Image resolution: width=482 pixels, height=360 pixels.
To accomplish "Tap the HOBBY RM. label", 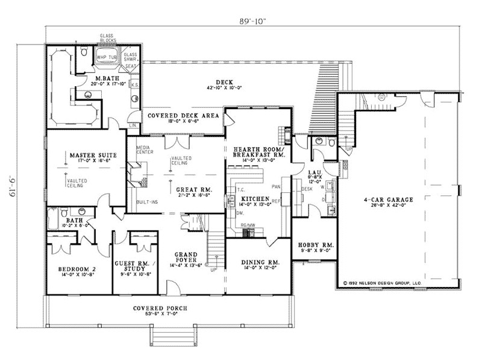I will pyautogui.click(x=312, y=245).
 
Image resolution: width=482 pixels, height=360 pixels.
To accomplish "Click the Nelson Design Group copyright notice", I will pyautogui.click(x=383, y=282).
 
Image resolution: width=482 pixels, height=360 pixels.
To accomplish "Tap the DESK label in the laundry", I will pyautogui.click(x=307, y=188).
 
